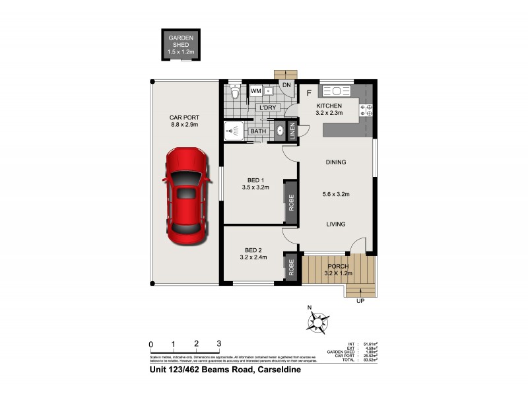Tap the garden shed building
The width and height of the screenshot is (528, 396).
pos(180,45)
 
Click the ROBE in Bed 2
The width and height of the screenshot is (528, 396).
pos(290,268)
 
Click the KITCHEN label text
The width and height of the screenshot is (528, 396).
pos(329,106)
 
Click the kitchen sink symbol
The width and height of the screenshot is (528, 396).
pos(341,91)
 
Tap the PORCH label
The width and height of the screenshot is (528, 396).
pos(337,266)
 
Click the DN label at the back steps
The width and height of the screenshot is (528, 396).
pos(286,85)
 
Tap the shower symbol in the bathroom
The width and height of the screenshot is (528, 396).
pos(232,131)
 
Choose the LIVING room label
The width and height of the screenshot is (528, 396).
pos(336,224)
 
